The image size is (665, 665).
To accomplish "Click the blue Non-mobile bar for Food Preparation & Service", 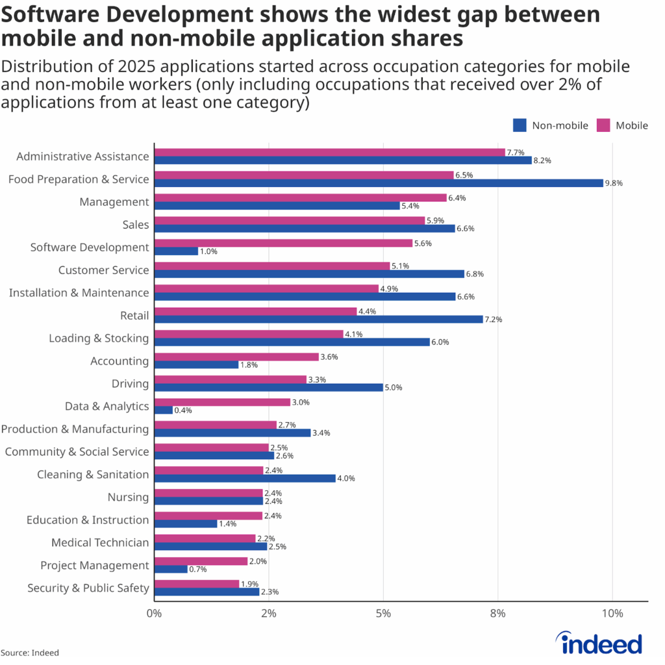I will (x=379, y=183).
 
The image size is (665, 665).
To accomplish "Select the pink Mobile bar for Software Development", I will (x=283, y=243).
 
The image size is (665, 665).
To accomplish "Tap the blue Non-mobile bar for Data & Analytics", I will (x=164, y=410).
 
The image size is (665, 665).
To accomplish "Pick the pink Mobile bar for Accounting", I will (x=236, y=357).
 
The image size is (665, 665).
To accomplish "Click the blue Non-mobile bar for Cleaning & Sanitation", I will (x=245, y=479).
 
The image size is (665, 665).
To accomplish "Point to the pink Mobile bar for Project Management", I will (x=201, y=561).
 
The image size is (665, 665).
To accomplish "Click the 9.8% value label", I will (x=614, y=183).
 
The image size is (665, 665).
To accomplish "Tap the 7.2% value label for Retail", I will (x=494, y=320).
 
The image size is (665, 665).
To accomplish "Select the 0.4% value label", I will (x=184, y=410).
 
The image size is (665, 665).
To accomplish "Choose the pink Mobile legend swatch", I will (x=604, y=125).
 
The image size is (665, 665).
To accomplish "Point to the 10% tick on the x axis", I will (x=612, y=614).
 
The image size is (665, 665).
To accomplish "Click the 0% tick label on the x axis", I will (x=154, y=614).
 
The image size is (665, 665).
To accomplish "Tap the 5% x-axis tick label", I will (x=383, y=614).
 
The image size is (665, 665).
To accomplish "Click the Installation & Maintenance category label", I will (x=79, y=293).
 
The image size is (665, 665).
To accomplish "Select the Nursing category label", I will (x=128, y=497).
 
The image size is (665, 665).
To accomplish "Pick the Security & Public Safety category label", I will (x=88, y=588).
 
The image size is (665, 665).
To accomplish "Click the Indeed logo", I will (x=601, y=643).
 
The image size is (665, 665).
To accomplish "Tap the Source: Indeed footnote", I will (x=30, y=653).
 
